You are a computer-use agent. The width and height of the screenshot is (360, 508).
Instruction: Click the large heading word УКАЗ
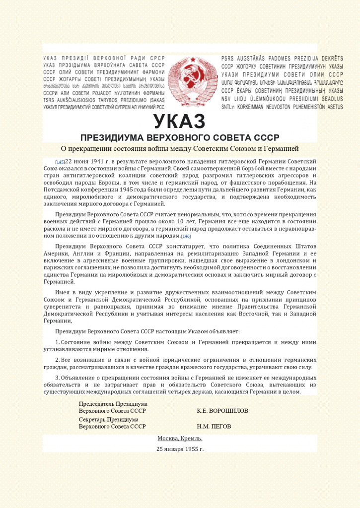click(179, 122)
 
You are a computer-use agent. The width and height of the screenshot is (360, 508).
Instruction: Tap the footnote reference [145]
click(60, 162)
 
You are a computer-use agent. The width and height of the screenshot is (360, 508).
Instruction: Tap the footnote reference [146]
click(186, 236)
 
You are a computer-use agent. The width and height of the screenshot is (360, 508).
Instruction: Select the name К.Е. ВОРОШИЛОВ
click(222, 411)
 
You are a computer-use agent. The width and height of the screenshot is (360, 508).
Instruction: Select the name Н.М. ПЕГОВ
click(214, 426)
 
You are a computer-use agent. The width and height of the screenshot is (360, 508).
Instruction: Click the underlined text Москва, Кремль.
click(180, 439)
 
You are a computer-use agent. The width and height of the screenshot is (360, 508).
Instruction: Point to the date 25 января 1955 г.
click(180, 449)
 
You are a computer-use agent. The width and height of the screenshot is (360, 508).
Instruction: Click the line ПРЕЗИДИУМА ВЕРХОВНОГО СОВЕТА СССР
click(180, 137)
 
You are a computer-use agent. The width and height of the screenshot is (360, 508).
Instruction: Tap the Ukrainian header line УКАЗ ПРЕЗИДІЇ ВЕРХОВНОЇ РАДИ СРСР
click(104, 59)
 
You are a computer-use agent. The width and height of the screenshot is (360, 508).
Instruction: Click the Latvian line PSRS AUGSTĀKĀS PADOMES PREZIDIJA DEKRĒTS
click(282, 59)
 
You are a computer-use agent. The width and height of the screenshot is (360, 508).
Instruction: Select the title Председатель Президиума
click(113, 404)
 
